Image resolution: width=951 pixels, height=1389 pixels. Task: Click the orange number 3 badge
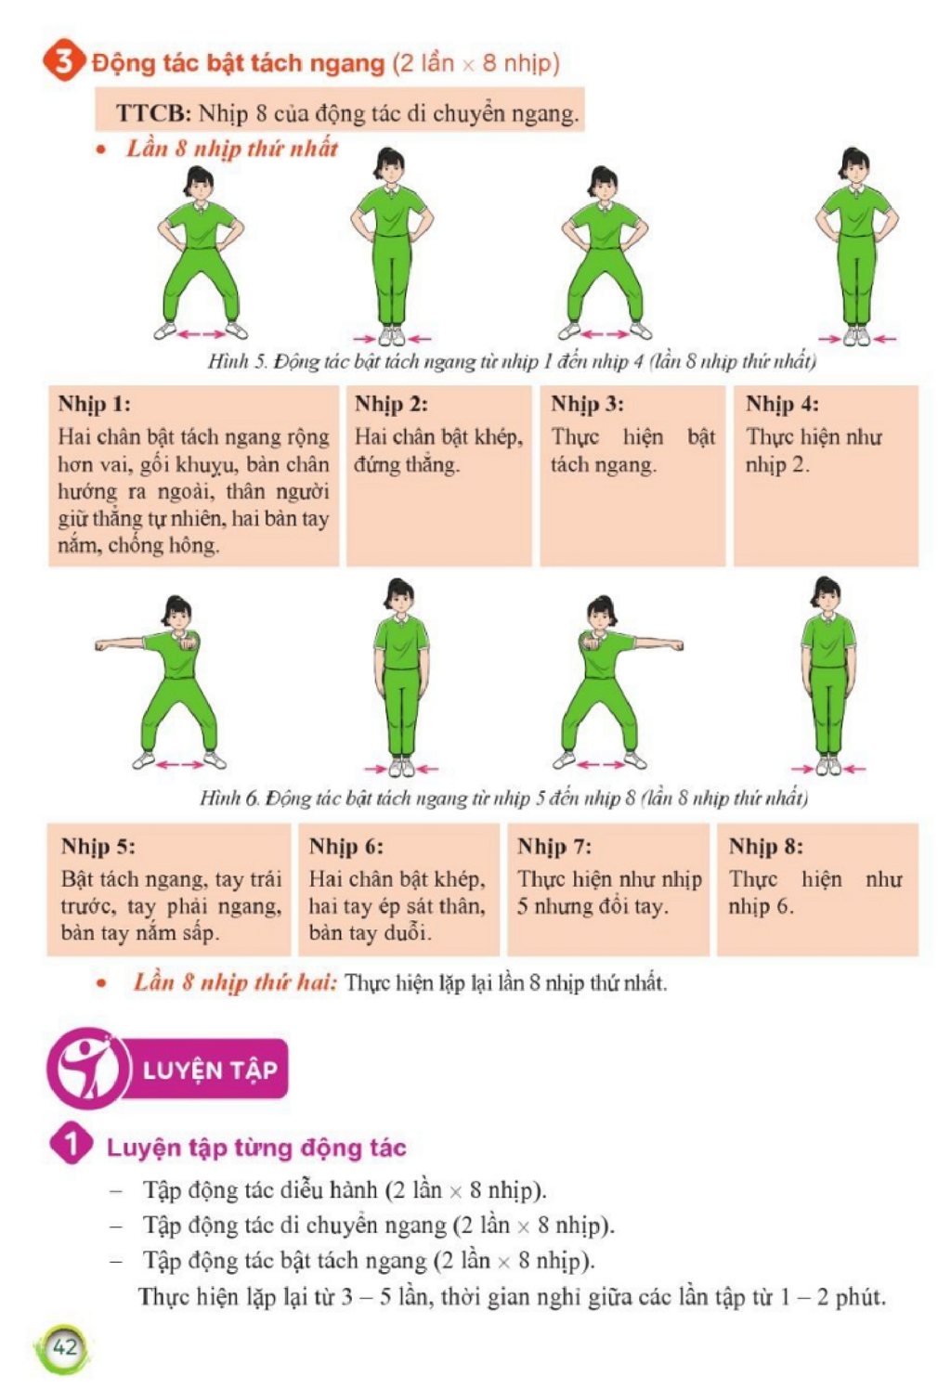[x=63, y=62]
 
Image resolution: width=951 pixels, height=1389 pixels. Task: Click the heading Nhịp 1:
[x=95, y=404]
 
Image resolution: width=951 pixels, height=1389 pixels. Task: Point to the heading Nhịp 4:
[x=782, y=404]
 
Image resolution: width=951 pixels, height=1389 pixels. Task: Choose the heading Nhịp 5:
[x=98, y=846]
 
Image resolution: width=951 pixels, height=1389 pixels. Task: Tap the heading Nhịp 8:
[x=765, y=846]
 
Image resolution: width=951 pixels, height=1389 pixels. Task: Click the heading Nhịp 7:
[x=554, y=846]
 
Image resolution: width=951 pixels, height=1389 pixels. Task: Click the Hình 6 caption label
[x=228, y=798]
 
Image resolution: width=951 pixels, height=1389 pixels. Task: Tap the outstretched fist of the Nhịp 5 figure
[x=100, y=646]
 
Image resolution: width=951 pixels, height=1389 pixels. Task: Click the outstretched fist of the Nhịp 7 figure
[x=677, y=646]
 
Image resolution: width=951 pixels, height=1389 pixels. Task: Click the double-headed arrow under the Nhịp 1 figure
[x=201, y=334]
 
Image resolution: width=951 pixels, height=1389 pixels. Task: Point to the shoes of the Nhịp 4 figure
[x=856, y=336]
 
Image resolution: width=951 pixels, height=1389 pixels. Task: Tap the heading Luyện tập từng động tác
[x=256, y=1148]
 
